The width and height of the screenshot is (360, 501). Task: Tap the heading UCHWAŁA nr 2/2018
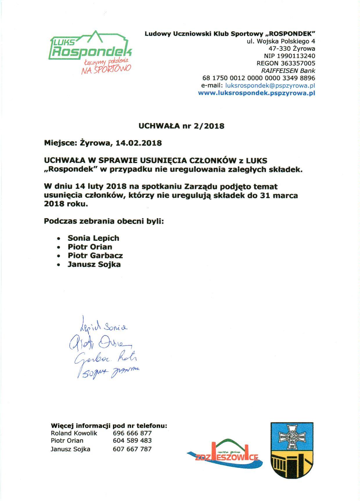tap(181, 126)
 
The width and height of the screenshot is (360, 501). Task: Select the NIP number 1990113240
tap(289, 56)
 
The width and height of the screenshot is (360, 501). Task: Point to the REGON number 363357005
tap(286, 63)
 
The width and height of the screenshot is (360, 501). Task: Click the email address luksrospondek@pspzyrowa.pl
tap(270, 86)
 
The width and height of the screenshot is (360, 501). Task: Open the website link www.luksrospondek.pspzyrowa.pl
tap(256, 93)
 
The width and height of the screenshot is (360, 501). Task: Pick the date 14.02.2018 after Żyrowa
tap(138, 143)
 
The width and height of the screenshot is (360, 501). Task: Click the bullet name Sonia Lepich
tap(93, 238)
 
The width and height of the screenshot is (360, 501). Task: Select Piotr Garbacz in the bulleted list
tap(95, 256)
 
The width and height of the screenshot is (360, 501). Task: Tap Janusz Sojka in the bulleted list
tap(94, 264)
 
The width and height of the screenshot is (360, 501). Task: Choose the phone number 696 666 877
tap(132, 433)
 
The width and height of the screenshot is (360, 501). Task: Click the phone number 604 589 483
tap(132, 441)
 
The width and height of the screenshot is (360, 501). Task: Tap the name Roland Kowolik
tap(74, 433)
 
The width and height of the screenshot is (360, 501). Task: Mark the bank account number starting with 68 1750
tap(258, 78)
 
